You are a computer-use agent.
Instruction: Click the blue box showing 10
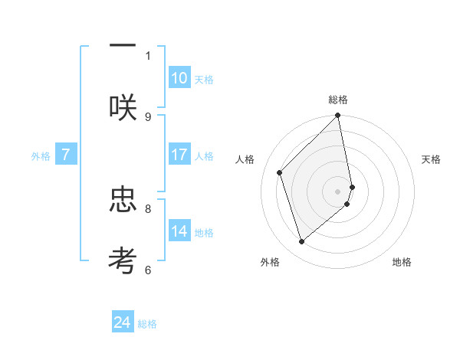pyautogui.click(x=179, y=78)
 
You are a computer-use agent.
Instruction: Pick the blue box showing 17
pyautogui.click(x=179, y=155)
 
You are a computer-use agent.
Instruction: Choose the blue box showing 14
pyautogui.click(x=179, y=231)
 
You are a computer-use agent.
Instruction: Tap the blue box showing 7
pyautogui.click(x=66, y=155)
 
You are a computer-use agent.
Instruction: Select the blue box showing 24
pyautogui.click(x=123, y=322)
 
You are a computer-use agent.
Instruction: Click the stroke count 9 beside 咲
pyautogui.click(x=148, y=116)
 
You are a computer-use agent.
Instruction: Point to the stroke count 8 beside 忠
pyautogui.click(x=148, y=208)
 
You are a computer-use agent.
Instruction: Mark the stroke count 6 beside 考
pyautogui.click(x=148, y=269)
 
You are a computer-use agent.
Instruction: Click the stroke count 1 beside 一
pyautogui.click(x=148, y=55)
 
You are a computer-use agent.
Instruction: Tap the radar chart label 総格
pyautogui.click(x=338, y=100)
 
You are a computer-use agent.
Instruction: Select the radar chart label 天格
pyautogui.click(x=431, y=159)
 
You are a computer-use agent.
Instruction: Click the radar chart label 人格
pyautogui.click(x=245, y=159)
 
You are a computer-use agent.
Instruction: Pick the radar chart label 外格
pyautogui.click(x=270, y=262)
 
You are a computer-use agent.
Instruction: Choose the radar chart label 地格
pyautogui.click(x=402, y=262)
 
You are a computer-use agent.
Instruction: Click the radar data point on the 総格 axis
pyautogui.click(x=338, y=116)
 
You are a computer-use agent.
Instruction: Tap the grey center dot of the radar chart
pyautogui.click(x=338, y=191)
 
